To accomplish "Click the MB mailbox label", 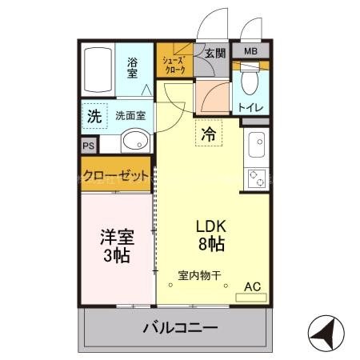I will (x=250, y=52).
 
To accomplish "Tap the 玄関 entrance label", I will (x=214, y=53).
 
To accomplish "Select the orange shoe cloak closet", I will (x=174, y=64).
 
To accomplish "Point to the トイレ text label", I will (x=251, y=106).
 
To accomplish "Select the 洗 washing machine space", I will (x=94, y=116).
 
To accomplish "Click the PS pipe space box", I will (x=88, y=146).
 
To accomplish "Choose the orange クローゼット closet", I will (x=115, y=175).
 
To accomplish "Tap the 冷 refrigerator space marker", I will (x=208, y=134).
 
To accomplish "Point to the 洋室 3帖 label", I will (x=117, y=246).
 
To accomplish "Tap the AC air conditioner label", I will (x=252, y=286).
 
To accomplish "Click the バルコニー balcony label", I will (x=180, y=327).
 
